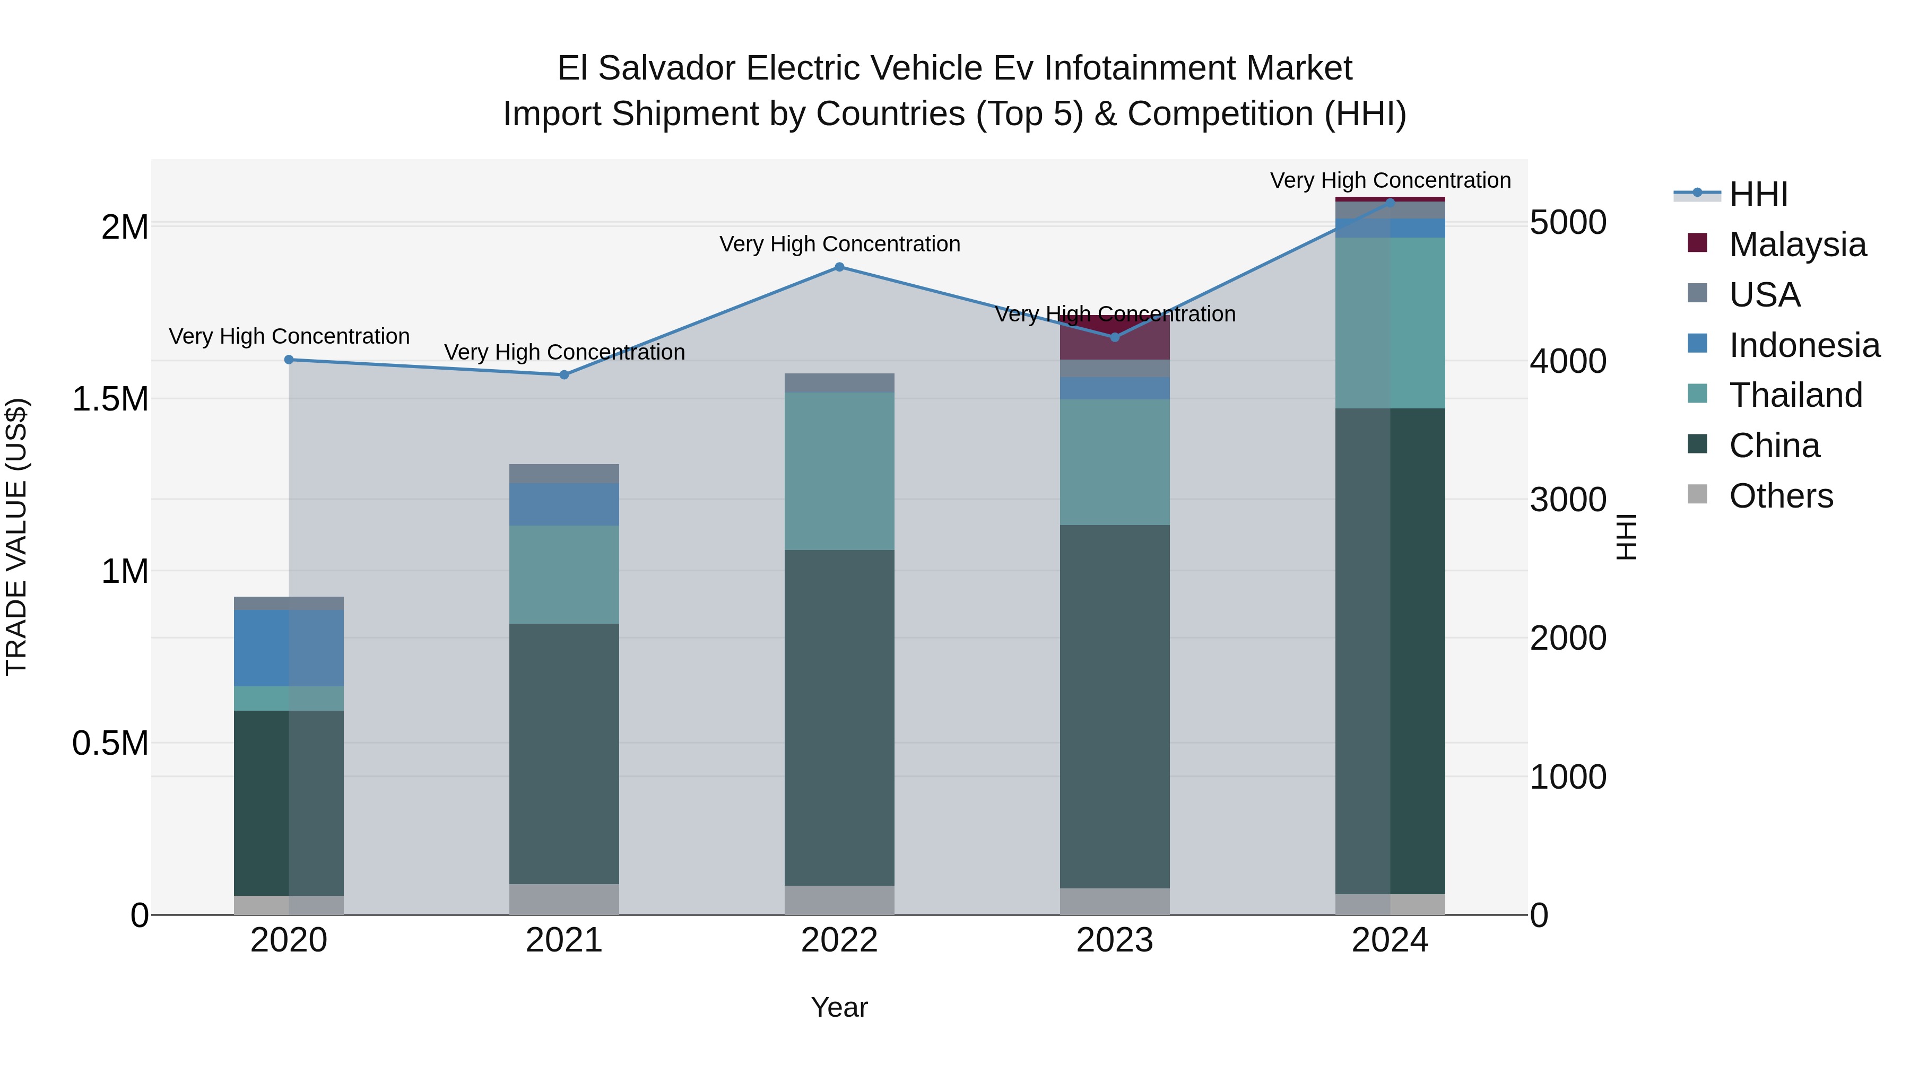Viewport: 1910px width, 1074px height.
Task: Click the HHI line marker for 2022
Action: (x=839, y=267)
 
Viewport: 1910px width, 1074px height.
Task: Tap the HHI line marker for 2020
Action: (x=289, y=360)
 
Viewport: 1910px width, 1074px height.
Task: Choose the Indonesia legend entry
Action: (x=1803, y=345)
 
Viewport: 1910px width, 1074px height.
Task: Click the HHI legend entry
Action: (x=1758, y=194)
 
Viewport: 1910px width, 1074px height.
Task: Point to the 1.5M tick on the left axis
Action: (x=110, y=399)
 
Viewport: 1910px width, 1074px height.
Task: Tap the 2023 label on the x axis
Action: (x=1114, y=940)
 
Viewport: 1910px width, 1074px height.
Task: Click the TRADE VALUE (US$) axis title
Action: (x=16, y=537)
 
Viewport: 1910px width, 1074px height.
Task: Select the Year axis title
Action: (x=839, y=1007)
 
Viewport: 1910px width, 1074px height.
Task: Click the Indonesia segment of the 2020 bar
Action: (x=289, y=648)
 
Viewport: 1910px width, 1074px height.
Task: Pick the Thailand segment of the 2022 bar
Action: (x=839, y=470)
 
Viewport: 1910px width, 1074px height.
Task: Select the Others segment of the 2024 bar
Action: (x=1390, y=904)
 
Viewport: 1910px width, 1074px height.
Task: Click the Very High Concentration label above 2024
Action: (x=1390, y=180)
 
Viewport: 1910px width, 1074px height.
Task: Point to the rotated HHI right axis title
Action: (x=1626, y=537)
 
